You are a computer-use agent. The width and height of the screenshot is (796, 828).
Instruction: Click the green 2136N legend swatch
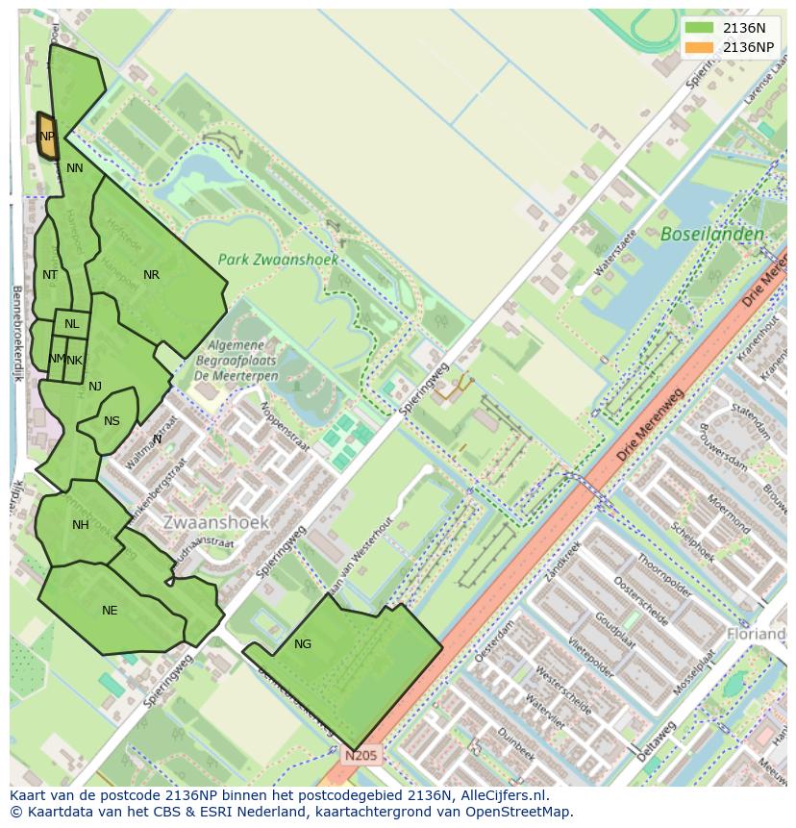pyautogui.click(x=699, y=28)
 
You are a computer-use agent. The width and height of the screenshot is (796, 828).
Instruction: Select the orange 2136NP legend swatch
pyautogui.click(x=699, y=47)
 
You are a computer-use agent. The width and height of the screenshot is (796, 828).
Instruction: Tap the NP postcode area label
pyautogui.click(x=47, y=137)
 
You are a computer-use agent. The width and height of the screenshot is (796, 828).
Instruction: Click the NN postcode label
pyautogui.click(x=75, y=168)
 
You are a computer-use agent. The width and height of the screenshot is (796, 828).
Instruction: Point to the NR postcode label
pyautogui.click(x=151, y=275)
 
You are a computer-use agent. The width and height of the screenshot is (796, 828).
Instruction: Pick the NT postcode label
pyautogui.click(x=50, y=275)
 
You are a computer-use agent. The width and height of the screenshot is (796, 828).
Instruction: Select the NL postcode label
pyautogui.click(x=72, y=324)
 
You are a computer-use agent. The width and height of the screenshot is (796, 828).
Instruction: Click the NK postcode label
pyautogui.click(x=75, y=361)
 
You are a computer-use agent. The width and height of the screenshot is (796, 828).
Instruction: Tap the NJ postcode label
pyautogui.click(x=95, y=387)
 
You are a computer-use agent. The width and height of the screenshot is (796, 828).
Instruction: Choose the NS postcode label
pyautogui.click(x=112, y=421)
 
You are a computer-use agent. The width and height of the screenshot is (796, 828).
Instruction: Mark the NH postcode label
pyautogui.click(x=80, y=525)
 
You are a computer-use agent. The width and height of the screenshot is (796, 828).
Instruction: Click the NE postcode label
pyautogui.click(x=110, y=611)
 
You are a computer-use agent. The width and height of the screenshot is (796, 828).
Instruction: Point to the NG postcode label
pyautogui.click(x=303, y=644)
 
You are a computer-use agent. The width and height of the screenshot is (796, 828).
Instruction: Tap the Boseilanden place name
pyautogui.click(x=712, y=234)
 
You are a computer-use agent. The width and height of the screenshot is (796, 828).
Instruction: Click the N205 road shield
pyautogui.click(x=361, y=756)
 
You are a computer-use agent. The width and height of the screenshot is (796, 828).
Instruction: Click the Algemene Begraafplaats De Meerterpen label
pyautogui.click(x=242, y=360)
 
